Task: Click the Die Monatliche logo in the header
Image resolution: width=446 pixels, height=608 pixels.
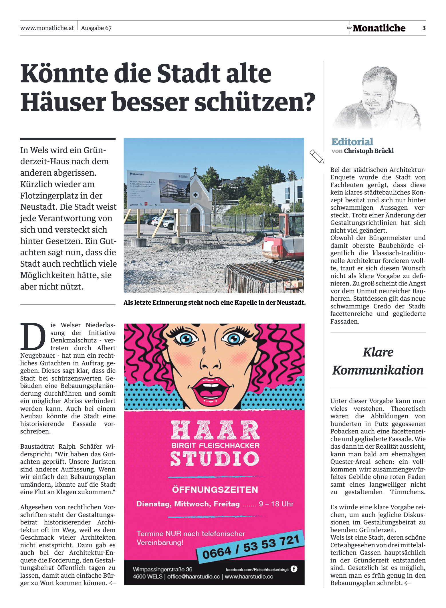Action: point(376,28)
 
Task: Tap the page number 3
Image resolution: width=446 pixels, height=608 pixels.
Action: point(424,28)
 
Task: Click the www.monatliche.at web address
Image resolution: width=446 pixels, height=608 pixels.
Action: point(47,28)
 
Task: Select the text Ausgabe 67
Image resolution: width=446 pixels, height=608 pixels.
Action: point(96,28)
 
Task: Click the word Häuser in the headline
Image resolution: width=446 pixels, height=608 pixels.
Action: point(63,102)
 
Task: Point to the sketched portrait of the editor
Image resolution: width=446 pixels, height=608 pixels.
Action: point(376,97)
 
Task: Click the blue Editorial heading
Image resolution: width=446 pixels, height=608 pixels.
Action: point(352,142)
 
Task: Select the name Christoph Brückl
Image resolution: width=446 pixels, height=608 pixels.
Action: point(369,151)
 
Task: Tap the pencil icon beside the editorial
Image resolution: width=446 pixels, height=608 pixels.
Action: point(316,156)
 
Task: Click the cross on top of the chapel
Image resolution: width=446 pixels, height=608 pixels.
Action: point(195,171)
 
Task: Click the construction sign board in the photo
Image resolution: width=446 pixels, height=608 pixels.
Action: point(158,190)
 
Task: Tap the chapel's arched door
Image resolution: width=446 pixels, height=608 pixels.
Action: point(195,220)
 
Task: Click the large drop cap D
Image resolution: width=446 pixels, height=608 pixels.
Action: point(33,337)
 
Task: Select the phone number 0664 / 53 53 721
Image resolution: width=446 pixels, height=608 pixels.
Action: point(251,547)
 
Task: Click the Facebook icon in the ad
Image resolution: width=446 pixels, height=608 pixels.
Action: point(294,569)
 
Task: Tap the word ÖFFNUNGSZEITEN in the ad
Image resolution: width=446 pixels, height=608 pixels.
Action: point(215,490)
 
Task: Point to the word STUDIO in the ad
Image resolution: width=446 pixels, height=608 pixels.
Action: point(215,458)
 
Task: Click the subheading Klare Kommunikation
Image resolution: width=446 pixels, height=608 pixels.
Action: point(378,361)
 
